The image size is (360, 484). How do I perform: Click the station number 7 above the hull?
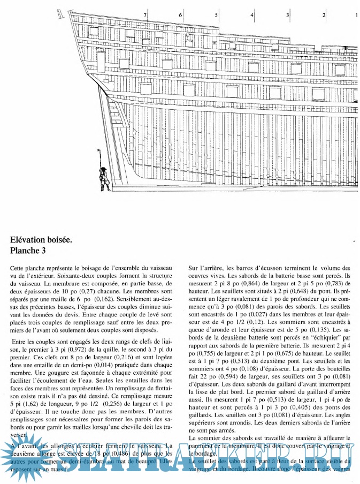(145, 15)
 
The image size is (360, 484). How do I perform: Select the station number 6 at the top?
(181, 15)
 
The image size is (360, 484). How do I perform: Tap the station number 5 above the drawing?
(217, 15)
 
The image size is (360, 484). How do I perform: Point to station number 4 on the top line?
(252, 15)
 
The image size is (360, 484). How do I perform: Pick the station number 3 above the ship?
(288, 15)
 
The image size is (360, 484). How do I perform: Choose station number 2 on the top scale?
(324, 15)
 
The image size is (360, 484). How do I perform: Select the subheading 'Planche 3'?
(31, 250)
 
